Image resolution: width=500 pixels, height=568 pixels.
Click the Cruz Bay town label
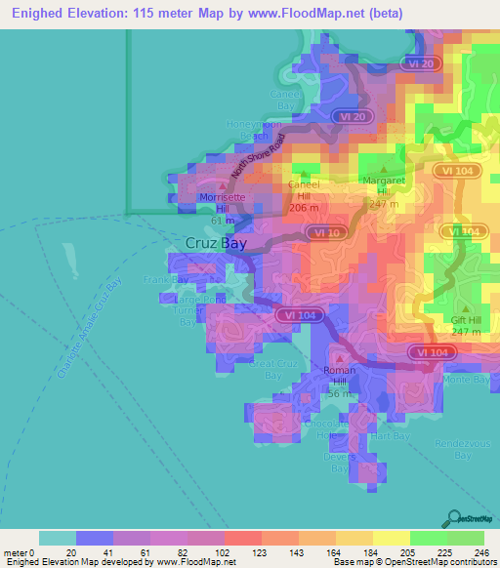[x=216, y=244]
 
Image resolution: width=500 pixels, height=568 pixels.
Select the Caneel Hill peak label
[x=305, y=195]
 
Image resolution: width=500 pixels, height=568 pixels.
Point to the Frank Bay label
[x=165, y=280]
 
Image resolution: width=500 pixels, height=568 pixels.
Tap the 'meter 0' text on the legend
[x=18, y=552]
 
